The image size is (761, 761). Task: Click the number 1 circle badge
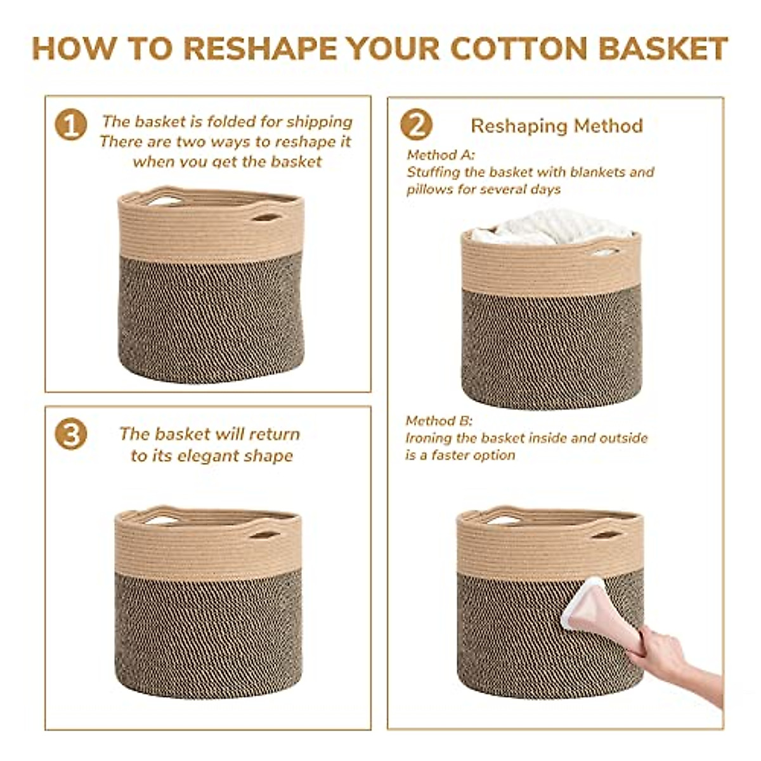pyautogui.click(x=70, y=125)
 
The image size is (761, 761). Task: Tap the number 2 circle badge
pyautogui.click(x=416, y=125)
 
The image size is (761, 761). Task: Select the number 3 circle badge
pyautogui.click(x=70, y=435)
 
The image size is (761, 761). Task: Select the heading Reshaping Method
pyautogui.click(x=557, y=126)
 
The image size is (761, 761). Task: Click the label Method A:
pyautogui.click(x=441, y=155)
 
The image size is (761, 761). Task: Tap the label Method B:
pyautogui.click(x=439, y=421)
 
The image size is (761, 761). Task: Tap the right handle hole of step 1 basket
pyautogui.click(x=266, y=218)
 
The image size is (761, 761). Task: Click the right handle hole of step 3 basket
pyautogui.click(x=264, y=534)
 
